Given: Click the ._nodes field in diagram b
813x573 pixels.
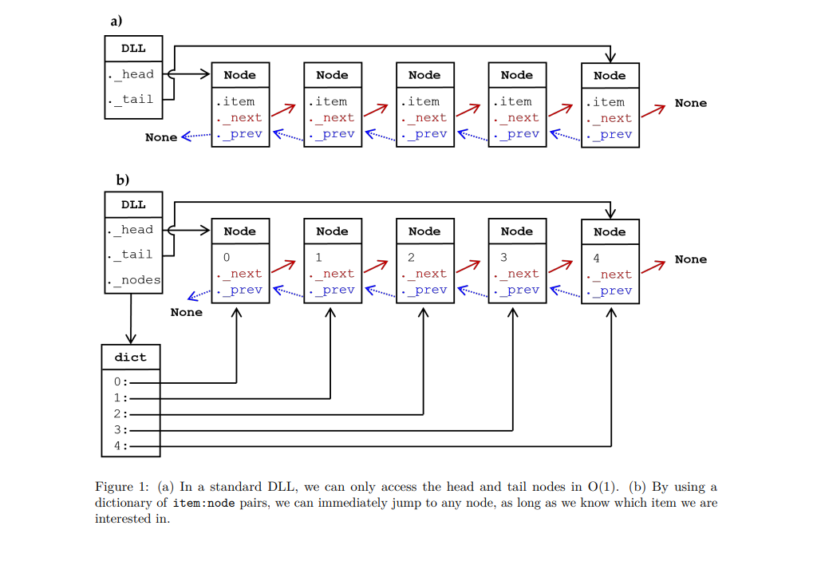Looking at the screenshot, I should [x=134, y=280].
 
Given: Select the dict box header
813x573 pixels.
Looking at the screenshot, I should [x=131, y=357].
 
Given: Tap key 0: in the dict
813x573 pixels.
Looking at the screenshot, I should [x=120, y=382].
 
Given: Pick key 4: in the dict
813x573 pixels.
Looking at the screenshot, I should [x=120, y=446].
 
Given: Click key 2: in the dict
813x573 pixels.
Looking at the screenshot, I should [x=120, y=414].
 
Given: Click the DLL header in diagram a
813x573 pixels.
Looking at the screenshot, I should [x=133, y=48].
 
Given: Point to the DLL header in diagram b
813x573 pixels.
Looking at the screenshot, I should [x=133, y=204].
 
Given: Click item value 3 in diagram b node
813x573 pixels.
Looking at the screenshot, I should [x=503, y=258].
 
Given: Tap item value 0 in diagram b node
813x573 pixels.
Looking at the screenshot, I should [x=227, y=258].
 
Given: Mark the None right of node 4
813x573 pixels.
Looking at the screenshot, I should [x=690, y=259].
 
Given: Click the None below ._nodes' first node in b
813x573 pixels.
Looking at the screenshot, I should [x=186, y=312].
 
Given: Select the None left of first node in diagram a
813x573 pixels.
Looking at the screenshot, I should [x=161, y=137].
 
